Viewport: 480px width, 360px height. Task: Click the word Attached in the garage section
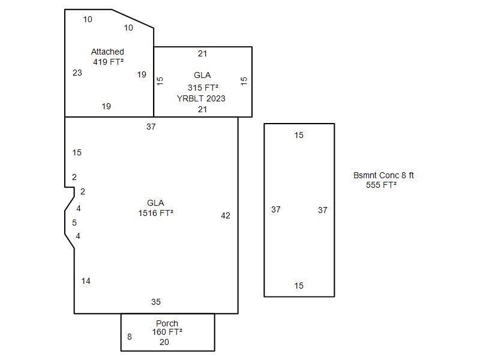(107, 52)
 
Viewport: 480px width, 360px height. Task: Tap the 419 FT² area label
(108, 62)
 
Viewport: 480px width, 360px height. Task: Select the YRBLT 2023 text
(201, 98)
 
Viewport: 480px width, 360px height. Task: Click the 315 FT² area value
(203, 88)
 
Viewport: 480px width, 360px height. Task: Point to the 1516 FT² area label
(155, 213)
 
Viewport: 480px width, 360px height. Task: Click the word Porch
(167, 323)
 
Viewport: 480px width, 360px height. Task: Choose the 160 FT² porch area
(167, 332)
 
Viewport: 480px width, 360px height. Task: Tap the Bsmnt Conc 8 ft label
(383, 175)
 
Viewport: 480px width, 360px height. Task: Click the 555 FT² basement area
(381, 185)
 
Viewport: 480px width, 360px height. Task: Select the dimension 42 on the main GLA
(226, 215)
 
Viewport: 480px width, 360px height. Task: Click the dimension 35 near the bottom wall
(156, 302)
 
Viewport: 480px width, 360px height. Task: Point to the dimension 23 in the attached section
(77, 73)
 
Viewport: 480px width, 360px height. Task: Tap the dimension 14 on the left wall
(86, 281)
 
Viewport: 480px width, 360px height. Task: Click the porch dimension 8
(130, 337)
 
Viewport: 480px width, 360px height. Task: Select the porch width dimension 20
(164, 342)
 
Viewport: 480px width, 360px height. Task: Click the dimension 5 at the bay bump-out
(74, 223)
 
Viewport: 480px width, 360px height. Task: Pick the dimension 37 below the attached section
(151, 127)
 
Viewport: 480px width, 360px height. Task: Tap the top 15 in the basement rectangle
(299, 135)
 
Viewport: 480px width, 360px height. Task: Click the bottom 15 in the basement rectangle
(299, 286)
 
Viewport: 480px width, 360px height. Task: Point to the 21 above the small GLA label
(203, 53)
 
